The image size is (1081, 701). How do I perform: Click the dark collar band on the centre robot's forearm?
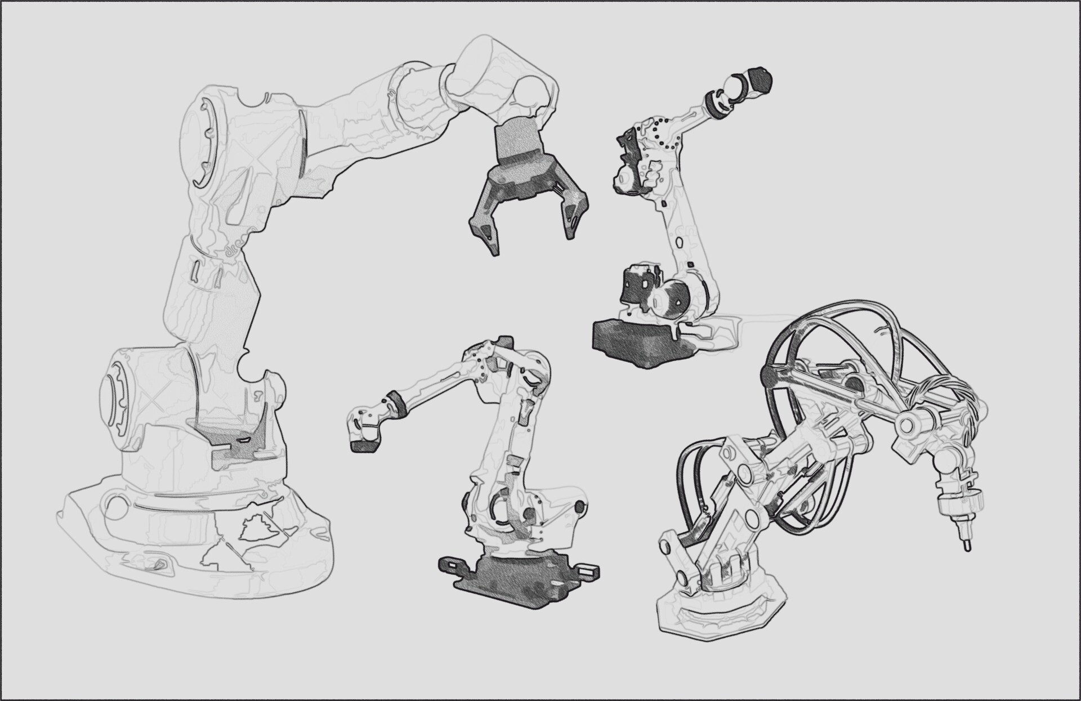pyautogui.click(x=399, y=401)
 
